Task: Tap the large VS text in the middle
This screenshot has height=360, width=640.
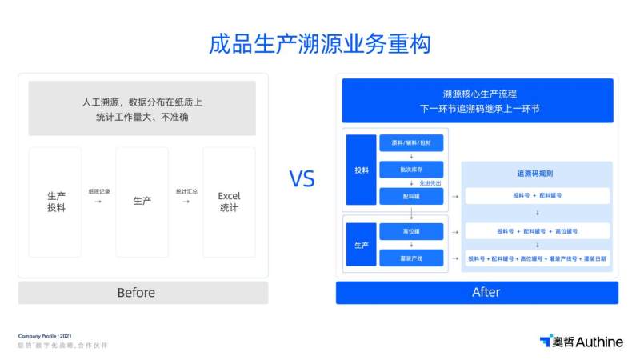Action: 302,179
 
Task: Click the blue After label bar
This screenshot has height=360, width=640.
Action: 477,292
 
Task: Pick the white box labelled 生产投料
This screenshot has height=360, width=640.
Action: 55,202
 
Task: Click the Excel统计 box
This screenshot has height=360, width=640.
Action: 229,202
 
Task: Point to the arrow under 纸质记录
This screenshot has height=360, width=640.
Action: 98,202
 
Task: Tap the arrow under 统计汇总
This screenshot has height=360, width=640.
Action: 186,202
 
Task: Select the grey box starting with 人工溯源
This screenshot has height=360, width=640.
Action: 142,108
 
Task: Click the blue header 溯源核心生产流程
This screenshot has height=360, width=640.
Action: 477,100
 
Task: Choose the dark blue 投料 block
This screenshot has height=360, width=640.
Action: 362,170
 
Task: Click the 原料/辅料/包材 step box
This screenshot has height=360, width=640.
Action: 411,142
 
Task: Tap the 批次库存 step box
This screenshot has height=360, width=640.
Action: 411,170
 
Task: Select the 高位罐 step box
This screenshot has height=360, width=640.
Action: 411,231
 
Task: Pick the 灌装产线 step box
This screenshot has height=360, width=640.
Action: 411,258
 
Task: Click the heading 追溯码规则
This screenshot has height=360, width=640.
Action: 536,173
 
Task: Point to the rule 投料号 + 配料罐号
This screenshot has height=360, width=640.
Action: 537,195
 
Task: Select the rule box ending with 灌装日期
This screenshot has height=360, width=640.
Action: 537,258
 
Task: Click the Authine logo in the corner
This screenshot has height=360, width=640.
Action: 581,342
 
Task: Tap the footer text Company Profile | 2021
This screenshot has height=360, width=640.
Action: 45,335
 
